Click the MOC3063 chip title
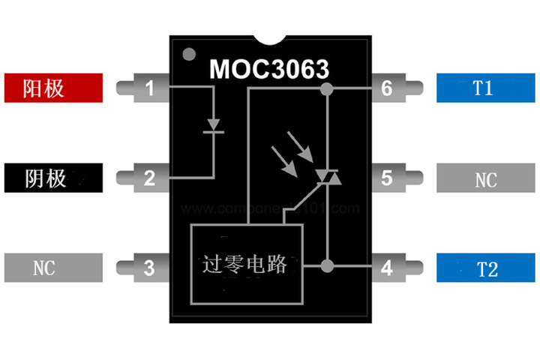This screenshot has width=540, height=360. [x=269, y=70]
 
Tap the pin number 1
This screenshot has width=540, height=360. [x=150, y=88]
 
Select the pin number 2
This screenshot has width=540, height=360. [x=150, y=178]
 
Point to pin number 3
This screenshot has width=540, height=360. [x=150, y=267]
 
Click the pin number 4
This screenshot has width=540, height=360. [x=387, y=267]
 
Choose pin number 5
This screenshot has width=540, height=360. [x=387, y=178]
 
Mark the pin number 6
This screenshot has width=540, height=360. [x=387, y=88]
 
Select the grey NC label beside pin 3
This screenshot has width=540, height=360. [x=53, y=268]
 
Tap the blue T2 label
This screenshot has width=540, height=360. [x=484, y=268]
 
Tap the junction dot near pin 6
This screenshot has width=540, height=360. [x=326, y=89]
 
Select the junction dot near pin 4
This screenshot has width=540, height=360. [x=326, y=265]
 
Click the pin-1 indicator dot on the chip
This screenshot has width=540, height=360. [x=188, y=54]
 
